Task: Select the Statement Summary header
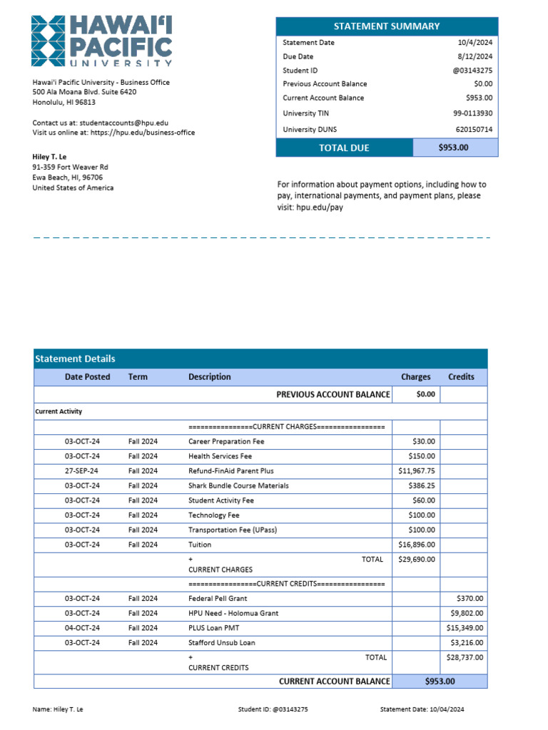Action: [x=387, y=26]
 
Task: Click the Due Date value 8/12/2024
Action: [x=475, y=56]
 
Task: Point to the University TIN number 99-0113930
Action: [x=472, y=113]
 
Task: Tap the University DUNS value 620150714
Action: [x=474, y=130]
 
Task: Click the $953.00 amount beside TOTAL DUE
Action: [x=455, y=148]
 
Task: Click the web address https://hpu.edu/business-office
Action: [x=142, y=133]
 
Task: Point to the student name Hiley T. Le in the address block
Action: [x=50, y=156]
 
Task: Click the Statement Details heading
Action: [x=75, y=359]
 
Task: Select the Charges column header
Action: [x=415, y=377]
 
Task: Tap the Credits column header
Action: [x=461, y=377]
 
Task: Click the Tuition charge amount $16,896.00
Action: [x=417, y=545]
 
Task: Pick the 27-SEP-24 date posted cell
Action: [x=81, y=471]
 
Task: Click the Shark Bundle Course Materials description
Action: [x=238, y=485]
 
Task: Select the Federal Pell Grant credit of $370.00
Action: [x=470, y=599]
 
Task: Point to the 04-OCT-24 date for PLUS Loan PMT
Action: [x=82, y=628]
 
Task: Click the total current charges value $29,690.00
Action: [x=417, y=560]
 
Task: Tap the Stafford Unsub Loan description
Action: [x=221, y=643]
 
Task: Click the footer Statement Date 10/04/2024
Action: [x=422, y=709]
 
